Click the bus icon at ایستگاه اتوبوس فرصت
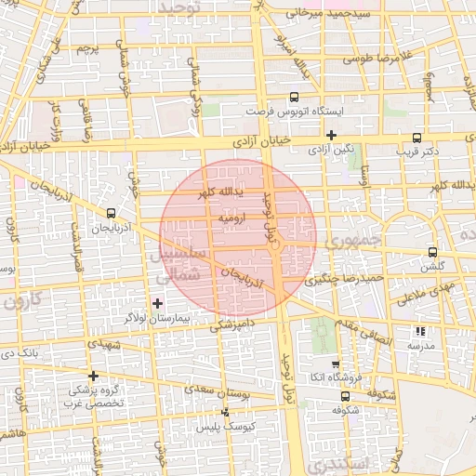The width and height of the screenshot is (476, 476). [x=295, y=96]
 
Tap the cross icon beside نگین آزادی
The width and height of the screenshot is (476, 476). [x=330, y=135]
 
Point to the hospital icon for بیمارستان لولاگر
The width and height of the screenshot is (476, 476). [x=156, y=303]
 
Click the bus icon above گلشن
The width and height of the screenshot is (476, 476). [x=433, y=252]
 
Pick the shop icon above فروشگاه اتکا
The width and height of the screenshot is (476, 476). [x=336, y=364]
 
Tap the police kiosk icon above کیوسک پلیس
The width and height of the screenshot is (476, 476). [x=225, y=413]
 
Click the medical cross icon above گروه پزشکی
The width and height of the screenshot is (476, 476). [x=92, y=376]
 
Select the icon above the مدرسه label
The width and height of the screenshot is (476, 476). [x=420, y=331]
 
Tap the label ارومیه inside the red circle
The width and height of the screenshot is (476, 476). [x=229, y=216]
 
